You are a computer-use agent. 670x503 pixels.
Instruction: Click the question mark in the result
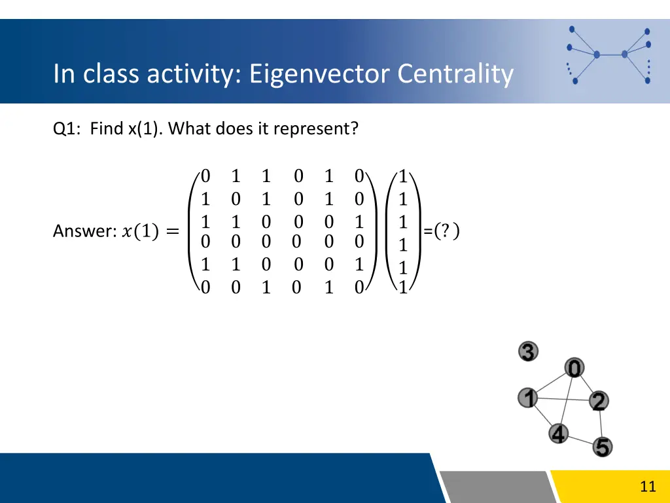446,231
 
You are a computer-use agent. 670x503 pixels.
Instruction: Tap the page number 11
648,486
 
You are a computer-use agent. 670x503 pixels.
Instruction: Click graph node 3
528,352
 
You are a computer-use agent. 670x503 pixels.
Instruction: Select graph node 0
574,369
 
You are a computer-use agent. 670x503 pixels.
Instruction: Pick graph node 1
528,398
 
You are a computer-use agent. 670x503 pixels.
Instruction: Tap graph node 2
598,401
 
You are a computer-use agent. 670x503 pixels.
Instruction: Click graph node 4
558,433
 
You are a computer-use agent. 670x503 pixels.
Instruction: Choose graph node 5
603,447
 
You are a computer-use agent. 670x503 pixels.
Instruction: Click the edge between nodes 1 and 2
563,399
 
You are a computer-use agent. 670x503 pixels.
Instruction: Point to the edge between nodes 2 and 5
601,425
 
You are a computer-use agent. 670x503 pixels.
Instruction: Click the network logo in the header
608,54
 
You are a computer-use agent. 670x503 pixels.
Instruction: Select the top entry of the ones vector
403,176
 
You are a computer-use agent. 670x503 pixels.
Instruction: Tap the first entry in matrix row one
205,176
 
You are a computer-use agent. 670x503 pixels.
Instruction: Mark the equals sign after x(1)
172,231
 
